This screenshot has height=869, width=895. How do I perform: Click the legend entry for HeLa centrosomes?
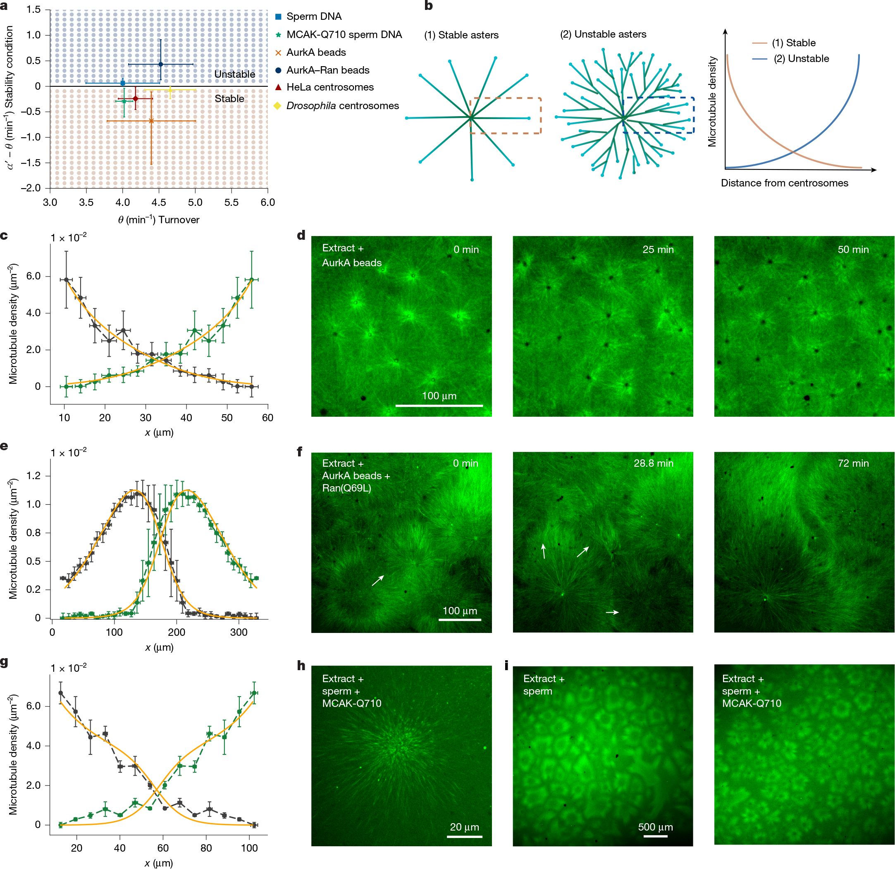[x=330, y=87]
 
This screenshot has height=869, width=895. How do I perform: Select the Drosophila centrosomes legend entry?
[x=342, y=106]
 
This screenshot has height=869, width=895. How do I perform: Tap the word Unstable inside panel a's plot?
[x=235, y=74]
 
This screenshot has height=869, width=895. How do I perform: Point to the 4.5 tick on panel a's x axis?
[x=158, y=202]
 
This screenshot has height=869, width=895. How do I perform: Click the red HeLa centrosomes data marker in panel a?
[x=136, y=99]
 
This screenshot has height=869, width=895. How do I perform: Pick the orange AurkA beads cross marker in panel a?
[x=151, y=121]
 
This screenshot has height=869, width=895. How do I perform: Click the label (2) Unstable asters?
[x=603, y=34]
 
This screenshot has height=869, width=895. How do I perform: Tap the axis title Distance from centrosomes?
[x=784, y=183]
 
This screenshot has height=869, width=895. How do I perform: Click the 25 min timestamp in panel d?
[x=658, y=250]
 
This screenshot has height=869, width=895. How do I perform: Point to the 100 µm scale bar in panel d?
[x=439, y=405]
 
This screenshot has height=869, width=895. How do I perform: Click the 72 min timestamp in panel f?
[x=852, y=463]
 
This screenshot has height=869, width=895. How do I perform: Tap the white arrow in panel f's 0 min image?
[x=377, y=580]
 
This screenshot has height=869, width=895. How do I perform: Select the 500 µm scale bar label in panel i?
[x=655, y=827]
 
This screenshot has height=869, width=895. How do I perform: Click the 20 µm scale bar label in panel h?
[x=464, y=827]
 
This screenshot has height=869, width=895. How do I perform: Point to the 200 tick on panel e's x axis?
[x=176, y=633]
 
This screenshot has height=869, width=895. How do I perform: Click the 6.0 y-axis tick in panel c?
[x=33, y=276]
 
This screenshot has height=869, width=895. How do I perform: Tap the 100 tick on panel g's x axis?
[x=249, y=848]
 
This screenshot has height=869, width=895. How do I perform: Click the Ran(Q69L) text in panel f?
[x=346, y=488]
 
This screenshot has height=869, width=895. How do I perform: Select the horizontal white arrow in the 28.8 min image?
[x=612, y=612]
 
